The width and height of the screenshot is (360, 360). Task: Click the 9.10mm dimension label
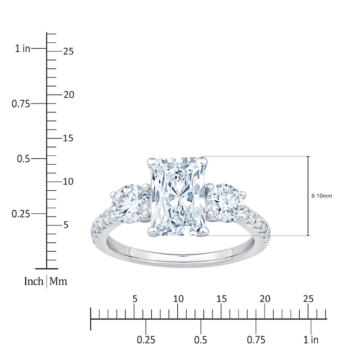[x=321, y=196]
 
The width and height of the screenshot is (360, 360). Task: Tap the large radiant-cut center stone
[x=178, y=196]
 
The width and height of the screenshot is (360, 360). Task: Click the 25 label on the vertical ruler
[x=68, y=51]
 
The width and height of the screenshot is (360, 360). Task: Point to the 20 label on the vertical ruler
[x=68, y=95]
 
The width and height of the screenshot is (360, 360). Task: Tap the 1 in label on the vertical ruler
[x=22, y=49]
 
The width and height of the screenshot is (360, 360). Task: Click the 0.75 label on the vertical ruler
[x=21, y=104]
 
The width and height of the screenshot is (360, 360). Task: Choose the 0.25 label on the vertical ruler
[x=21, y=214]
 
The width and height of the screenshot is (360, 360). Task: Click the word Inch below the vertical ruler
[x=34, y=282]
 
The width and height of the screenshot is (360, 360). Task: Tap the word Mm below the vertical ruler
[x=58, y=282]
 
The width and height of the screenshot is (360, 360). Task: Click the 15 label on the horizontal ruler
[x=221, y=299]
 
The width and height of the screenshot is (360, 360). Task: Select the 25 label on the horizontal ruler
[x=308, y=299]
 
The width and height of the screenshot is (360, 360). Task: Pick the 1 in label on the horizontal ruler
[x=311, y=340]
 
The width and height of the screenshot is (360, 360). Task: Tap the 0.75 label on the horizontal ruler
[x=256, y=340]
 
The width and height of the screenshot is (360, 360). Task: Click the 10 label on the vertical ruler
[x=68, y=182]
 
